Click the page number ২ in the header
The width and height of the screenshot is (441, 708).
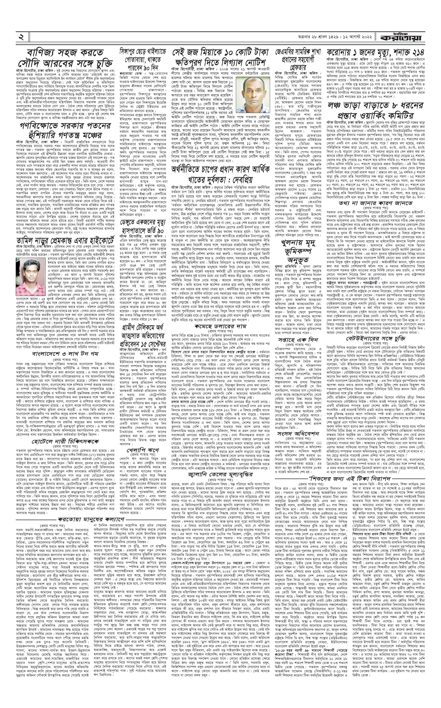point(21,37)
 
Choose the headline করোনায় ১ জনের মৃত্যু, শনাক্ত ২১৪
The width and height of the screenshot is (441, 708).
point(375,52)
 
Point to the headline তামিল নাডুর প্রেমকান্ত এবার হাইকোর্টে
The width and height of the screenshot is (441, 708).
point(65,240)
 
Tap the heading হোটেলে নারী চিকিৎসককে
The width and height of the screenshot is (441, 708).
point(65,441)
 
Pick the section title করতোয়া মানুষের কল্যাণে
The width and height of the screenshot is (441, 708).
point(91,519)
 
